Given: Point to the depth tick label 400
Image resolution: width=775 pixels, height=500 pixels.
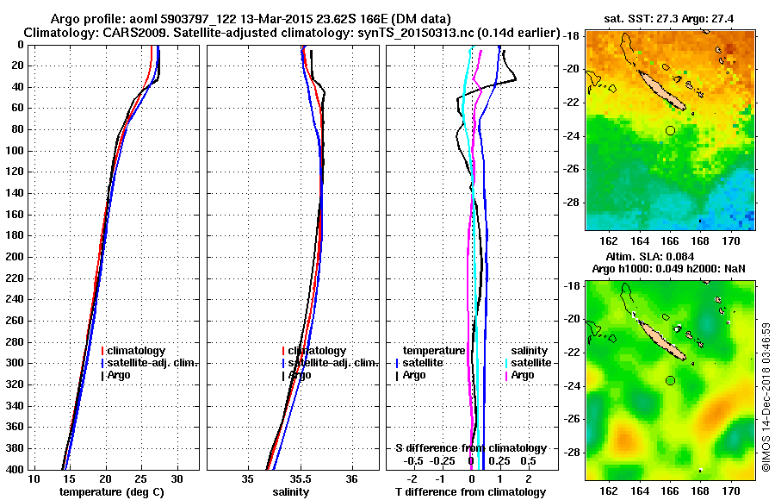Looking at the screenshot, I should [15, 469].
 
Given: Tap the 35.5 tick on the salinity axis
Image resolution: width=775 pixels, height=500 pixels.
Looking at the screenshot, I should [300, 479].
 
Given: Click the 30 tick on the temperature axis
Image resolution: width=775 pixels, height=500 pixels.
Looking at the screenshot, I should [177, 479].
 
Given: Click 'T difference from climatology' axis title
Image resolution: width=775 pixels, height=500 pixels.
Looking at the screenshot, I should [470, 492].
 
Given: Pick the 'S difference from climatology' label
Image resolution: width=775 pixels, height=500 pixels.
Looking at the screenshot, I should [470, 448].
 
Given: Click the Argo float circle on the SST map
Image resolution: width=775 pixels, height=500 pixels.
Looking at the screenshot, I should [670, 130].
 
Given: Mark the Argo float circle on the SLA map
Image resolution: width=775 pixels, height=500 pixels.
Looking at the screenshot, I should [670, 380].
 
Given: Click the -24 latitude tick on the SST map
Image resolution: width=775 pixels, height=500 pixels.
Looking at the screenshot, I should [573, 136].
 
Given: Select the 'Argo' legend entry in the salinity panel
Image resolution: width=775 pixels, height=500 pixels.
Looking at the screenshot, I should [301, 375].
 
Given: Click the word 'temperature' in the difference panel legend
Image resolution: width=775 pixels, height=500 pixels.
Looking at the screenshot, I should [434, 351].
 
